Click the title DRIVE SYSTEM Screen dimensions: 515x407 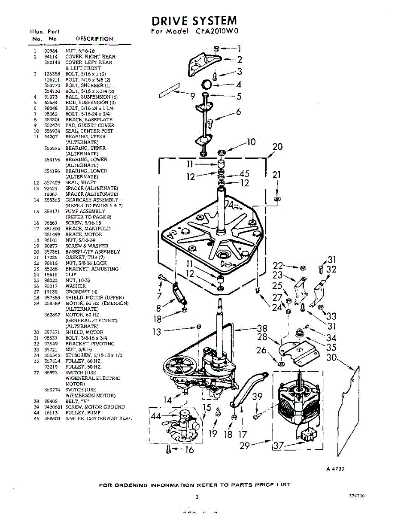[194, 21]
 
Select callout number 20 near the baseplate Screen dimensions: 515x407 [277, 147]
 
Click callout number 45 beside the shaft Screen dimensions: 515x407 [244, 174]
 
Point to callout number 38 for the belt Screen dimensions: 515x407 [262, 329]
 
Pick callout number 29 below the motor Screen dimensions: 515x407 [244, 445]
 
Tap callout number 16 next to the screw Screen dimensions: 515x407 [189, 450]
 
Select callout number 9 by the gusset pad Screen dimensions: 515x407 [193, 96]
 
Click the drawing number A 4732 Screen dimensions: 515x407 [335, 469]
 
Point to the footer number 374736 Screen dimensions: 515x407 [357, 496]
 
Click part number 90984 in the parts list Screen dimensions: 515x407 [51, 51]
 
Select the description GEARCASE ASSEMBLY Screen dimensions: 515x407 [91, 200]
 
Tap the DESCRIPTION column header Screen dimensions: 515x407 [94, 39]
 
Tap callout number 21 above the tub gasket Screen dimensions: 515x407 [277, 174]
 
